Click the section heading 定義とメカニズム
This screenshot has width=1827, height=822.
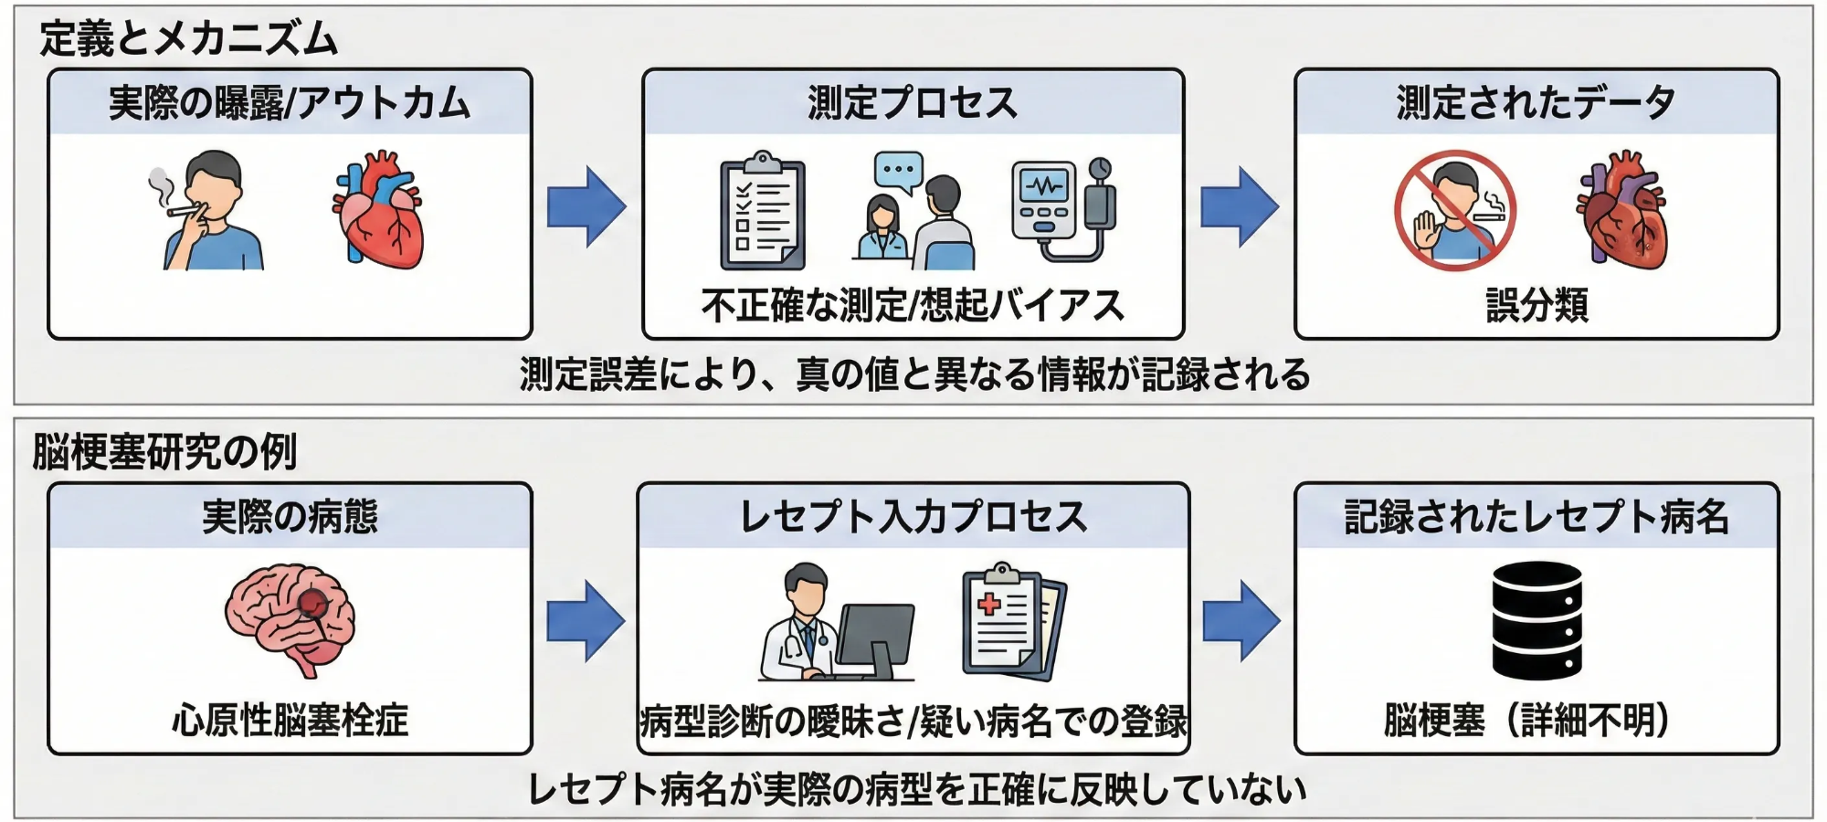point(188,39)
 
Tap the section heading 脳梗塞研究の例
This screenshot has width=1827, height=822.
point(164,451)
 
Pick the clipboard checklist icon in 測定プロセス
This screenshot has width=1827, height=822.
point(763,213)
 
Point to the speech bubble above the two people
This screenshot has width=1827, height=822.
point(899,171)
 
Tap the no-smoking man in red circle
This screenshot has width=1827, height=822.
point(1454,211)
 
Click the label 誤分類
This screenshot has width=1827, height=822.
point(1537,305)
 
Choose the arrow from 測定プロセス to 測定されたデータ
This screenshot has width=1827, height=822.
point(1239,206)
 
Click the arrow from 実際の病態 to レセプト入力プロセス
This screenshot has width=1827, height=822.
point(586,621)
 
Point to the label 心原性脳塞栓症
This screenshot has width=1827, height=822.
point(290,720)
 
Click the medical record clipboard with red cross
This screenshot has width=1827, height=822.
point(1012,621)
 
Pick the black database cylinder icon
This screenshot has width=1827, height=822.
point(1537,620)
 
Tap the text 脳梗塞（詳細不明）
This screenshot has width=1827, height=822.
point(1527,720)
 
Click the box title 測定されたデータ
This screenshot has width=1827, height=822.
point(1537,102)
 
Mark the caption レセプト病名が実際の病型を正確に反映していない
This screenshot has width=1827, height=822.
point(916,789)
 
